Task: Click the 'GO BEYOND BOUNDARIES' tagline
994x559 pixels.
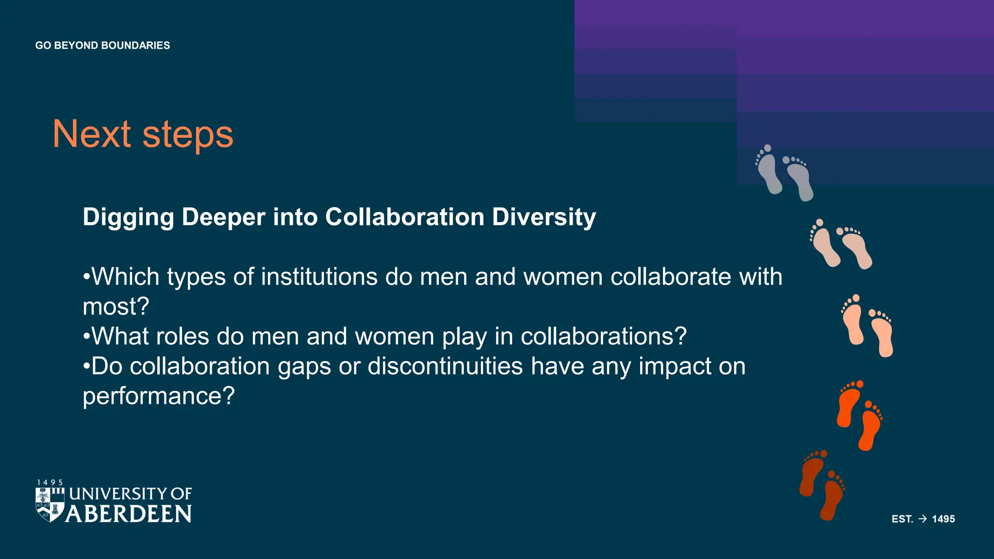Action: pyautogui.click(x=102, y=46)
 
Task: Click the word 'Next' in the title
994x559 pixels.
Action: pyautogui.click(x=92, y=134)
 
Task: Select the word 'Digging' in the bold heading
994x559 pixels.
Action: pyautogui.click(x=128, y=217)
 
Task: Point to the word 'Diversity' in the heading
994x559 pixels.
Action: pyautogui.click(x=544, y=217)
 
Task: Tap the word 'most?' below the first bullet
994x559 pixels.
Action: pyautogui.click(x=116, y=307)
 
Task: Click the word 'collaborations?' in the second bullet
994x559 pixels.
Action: pyautogui.click(x=604, y=336)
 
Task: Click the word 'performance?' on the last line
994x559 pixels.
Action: pyautogui.click(x=159, y=396)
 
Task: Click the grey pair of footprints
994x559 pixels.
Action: pyautogui.click(x=784, y=172)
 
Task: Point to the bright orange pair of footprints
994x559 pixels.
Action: pyautogui.click(x=859, y=415)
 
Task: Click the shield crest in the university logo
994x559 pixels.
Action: pyautogui.click(x=50, y=505)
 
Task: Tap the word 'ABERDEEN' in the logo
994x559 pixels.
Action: pyautogui.click(x=129, y=514)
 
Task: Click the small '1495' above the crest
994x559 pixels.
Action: pyautogui.click(x=50, y=483)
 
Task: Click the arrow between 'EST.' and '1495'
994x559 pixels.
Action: pyautogui.click(x=923, y=519)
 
